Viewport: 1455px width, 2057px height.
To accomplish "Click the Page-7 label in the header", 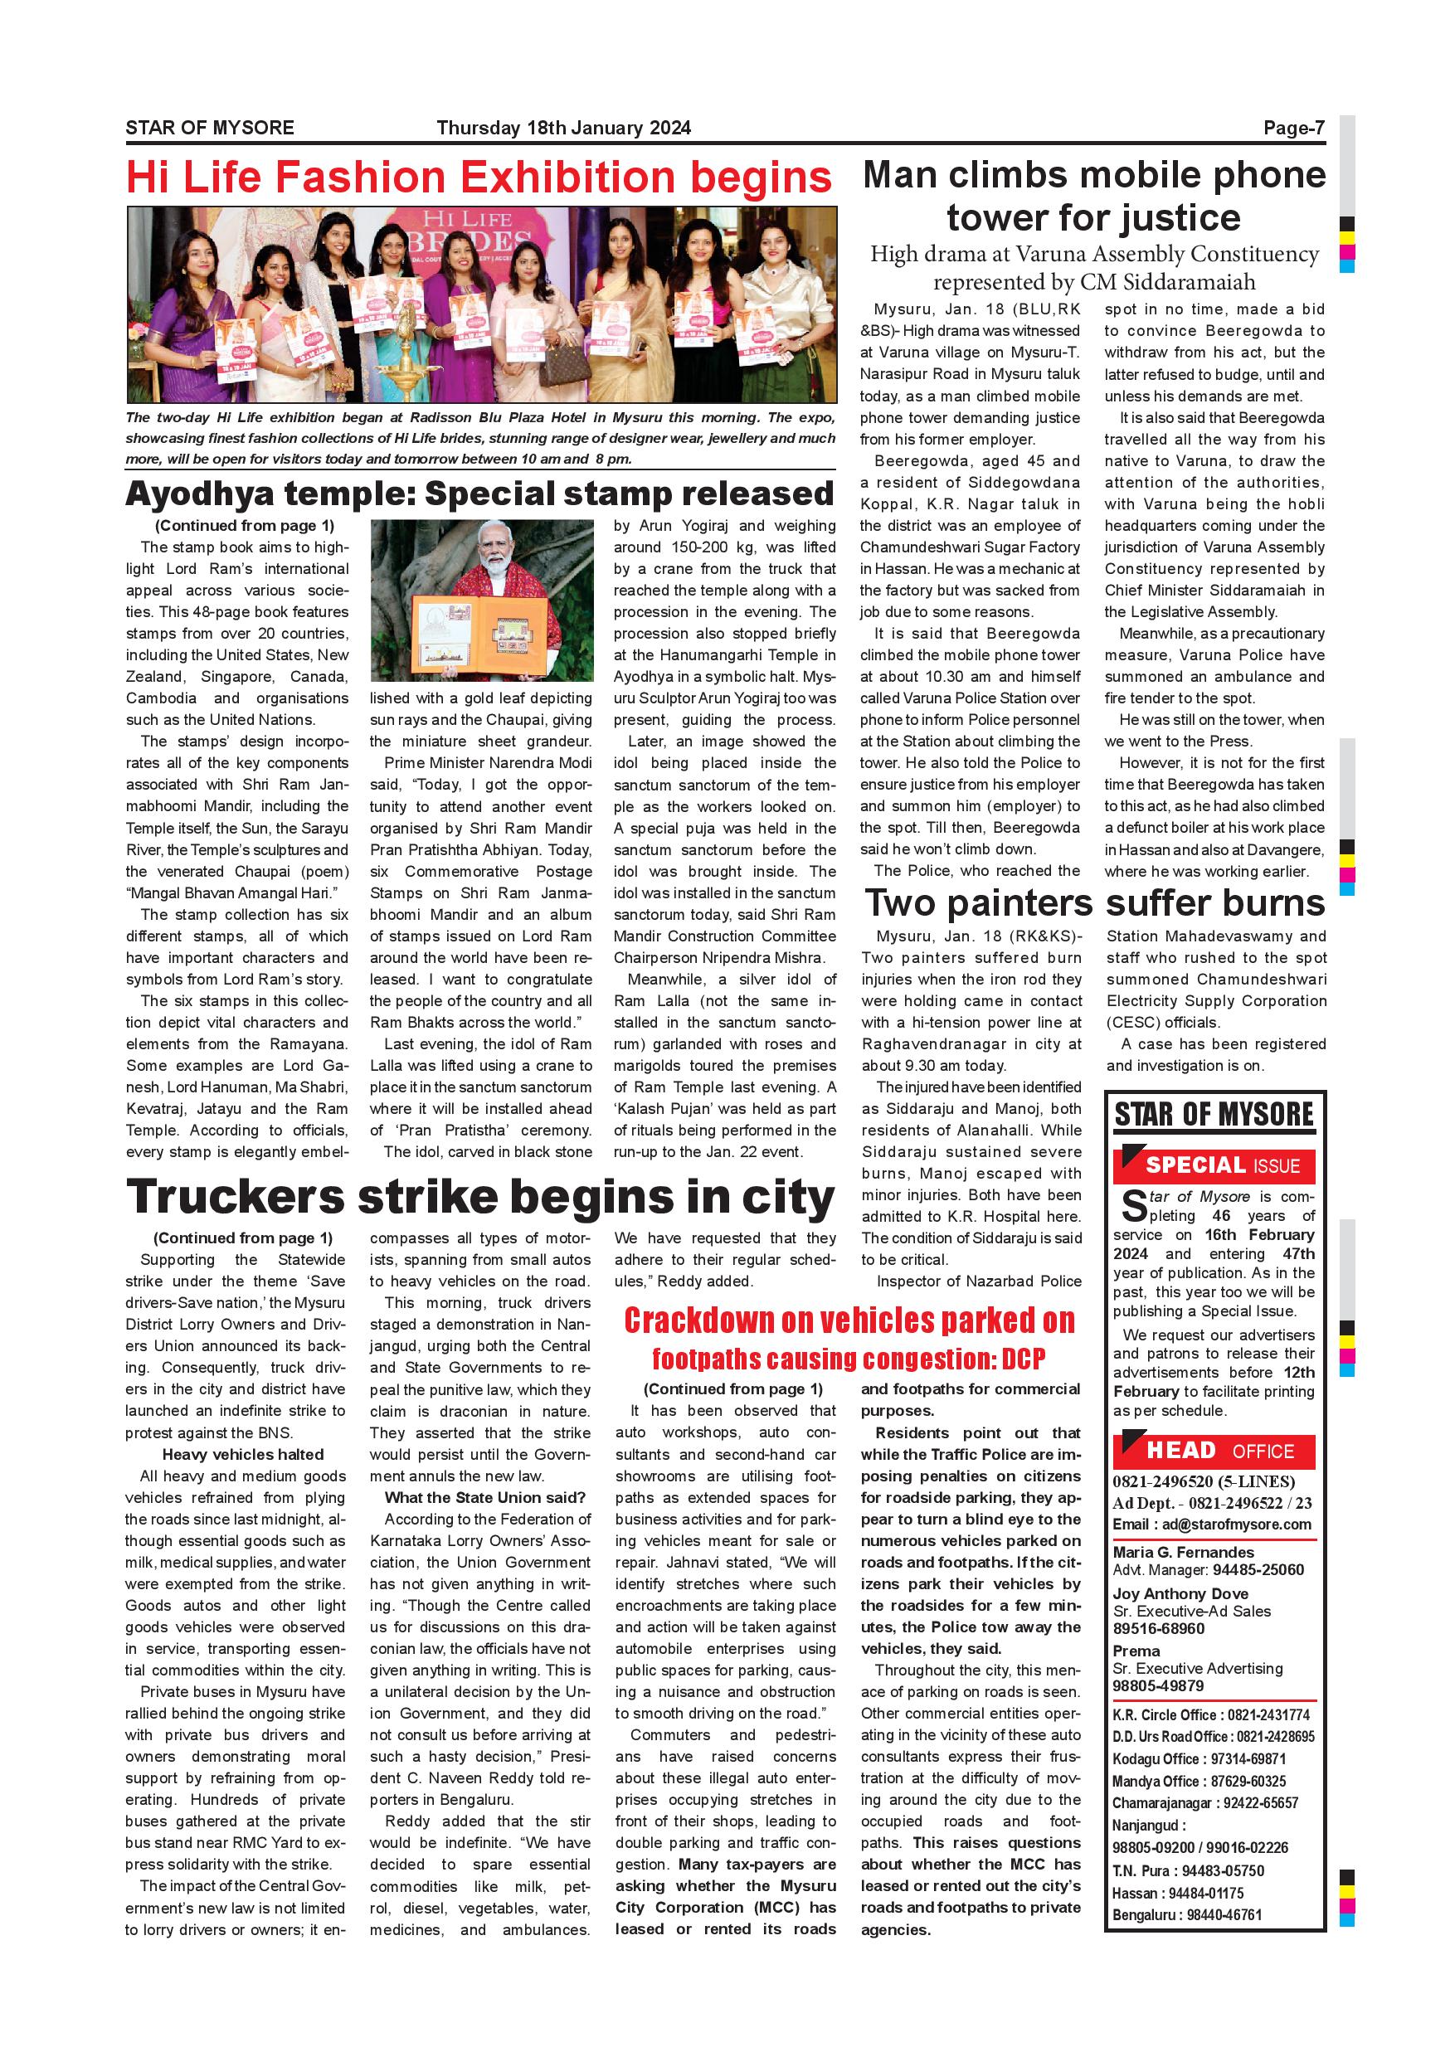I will click(x=1293, y=128).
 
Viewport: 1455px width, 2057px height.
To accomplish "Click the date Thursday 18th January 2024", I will click(x=563, y=128).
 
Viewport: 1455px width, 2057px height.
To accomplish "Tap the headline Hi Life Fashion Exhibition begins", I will click(x=479, y=177).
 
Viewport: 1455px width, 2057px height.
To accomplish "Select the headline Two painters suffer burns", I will click(x=1094, y=902).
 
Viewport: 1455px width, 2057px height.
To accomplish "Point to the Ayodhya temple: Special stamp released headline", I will click(x=479, y=494).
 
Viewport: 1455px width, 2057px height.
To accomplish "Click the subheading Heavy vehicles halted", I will click(x=243, y=1455).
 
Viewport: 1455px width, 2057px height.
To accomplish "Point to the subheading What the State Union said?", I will click(x=484, y=1498).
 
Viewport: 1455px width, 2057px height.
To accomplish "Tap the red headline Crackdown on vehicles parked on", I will click(x=849, y=1320).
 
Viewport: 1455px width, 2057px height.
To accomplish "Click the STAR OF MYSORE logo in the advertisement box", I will click(x=1214, y=1116).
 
